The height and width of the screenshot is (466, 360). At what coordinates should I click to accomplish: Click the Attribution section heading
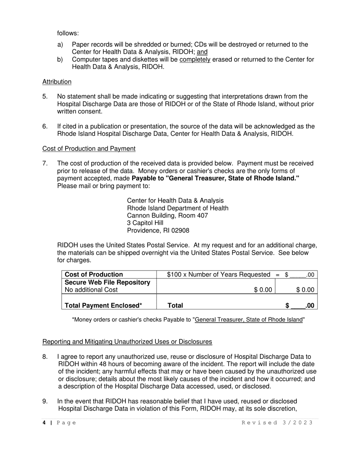point(57,81)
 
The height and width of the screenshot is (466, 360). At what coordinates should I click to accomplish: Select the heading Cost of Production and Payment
point(89,149)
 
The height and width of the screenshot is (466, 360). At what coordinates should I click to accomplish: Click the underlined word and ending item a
point(202,52)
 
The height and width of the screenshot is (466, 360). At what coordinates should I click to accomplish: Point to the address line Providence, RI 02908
point(158,230)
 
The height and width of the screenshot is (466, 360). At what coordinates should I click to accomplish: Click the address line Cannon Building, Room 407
point(167,216)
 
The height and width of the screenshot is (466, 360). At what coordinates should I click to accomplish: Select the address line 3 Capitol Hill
point(145,223)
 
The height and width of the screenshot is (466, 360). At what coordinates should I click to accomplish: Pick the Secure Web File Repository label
point(108,282)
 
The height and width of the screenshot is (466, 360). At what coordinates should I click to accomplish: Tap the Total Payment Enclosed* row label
point(103,305)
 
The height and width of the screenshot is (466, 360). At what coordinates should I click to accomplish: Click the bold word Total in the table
point(175,305)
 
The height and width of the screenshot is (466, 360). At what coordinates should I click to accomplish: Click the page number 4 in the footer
point(44,423)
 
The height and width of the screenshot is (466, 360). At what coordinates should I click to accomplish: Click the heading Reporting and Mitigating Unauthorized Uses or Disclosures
point(127,342)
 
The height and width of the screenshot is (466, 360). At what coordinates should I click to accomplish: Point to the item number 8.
point(45,357)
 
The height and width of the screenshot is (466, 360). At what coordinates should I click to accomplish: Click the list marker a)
point(60,45)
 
